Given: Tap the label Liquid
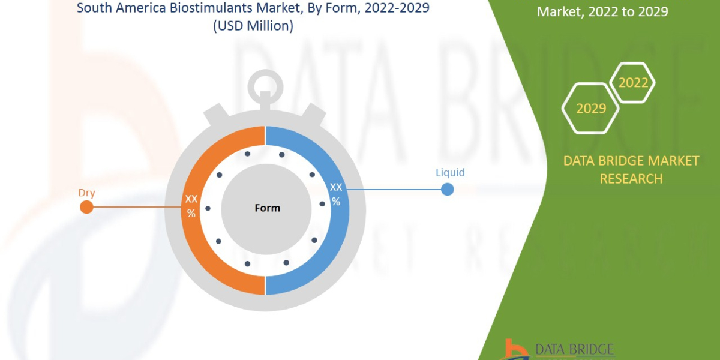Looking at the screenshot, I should point(450,173).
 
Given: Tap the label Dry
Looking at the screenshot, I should point(87,193).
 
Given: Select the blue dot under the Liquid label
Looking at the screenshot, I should point(447,190).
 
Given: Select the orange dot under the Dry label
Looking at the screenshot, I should point(86,208).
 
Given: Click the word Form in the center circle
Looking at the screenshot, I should point(267,208).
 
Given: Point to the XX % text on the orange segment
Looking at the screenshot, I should point(191,206).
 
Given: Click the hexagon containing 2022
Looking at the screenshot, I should point(632,83).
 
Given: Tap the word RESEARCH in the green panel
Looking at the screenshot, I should point(631,178).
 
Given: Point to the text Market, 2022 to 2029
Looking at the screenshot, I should point(602,11).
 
